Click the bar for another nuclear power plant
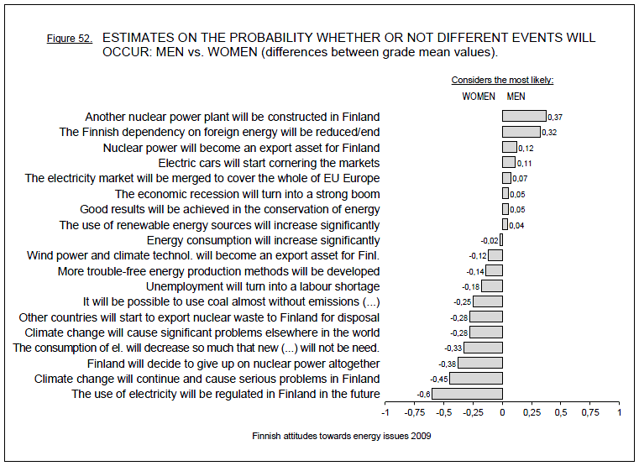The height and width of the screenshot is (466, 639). [x=524, y=117]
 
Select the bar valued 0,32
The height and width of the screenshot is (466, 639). [x=521, y=132]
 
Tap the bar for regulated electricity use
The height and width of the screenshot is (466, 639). [x=467, y=394]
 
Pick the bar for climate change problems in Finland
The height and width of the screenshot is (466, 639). [x=476, y=379]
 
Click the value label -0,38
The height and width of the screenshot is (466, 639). [x=447, y=364]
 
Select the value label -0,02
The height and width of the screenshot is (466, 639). [x=490, y=240]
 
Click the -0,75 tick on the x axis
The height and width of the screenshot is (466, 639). [x=414, y=413]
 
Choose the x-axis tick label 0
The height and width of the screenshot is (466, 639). [x=502, y=413]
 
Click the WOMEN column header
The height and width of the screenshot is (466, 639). [x=479, y=97]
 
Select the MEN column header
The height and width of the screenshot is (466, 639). [x=516, y=97]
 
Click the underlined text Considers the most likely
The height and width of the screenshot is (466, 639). [x=502, y=81]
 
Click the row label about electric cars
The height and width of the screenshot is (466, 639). [x=269, y=163]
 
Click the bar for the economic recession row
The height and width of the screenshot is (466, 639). [x=505, y=194]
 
